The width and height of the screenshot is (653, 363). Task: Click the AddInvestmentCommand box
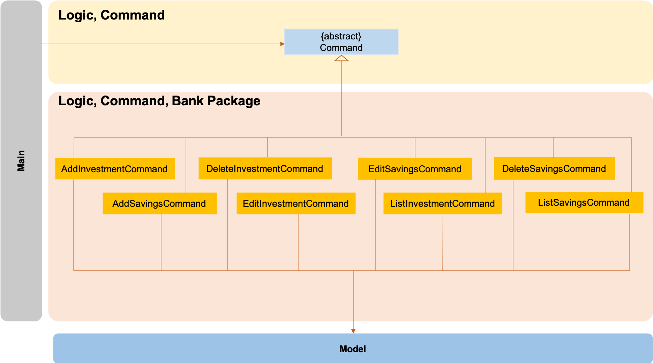pos(115,169)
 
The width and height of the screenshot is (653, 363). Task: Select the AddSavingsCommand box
pos(159,203)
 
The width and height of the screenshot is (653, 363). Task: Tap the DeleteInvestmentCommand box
pos(265,168)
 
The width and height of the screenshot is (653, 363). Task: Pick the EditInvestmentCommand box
pos(296,203)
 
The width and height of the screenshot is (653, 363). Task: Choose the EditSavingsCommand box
pos(415,169)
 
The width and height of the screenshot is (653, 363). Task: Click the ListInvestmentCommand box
pos(442,203)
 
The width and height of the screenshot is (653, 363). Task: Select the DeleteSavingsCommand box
pos(554,168)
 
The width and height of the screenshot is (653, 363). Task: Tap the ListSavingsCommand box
pos(584,202)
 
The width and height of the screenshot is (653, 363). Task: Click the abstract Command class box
pos(341,42)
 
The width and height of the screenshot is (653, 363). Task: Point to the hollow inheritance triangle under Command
pos(341,59)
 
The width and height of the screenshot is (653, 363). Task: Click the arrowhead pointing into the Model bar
pos(353,331)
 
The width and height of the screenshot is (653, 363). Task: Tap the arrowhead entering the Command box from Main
pos(282,44)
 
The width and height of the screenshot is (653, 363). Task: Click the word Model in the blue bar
pos(353,349)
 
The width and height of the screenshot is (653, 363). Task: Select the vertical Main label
pos(21,161)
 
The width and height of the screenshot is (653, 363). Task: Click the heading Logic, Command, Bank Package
pos(159,101)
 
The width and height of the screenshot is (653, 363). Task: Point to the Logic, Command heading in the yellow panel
pos(111,15)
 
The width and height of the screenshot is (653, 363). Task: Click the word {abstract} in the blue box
pos(341,36)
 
